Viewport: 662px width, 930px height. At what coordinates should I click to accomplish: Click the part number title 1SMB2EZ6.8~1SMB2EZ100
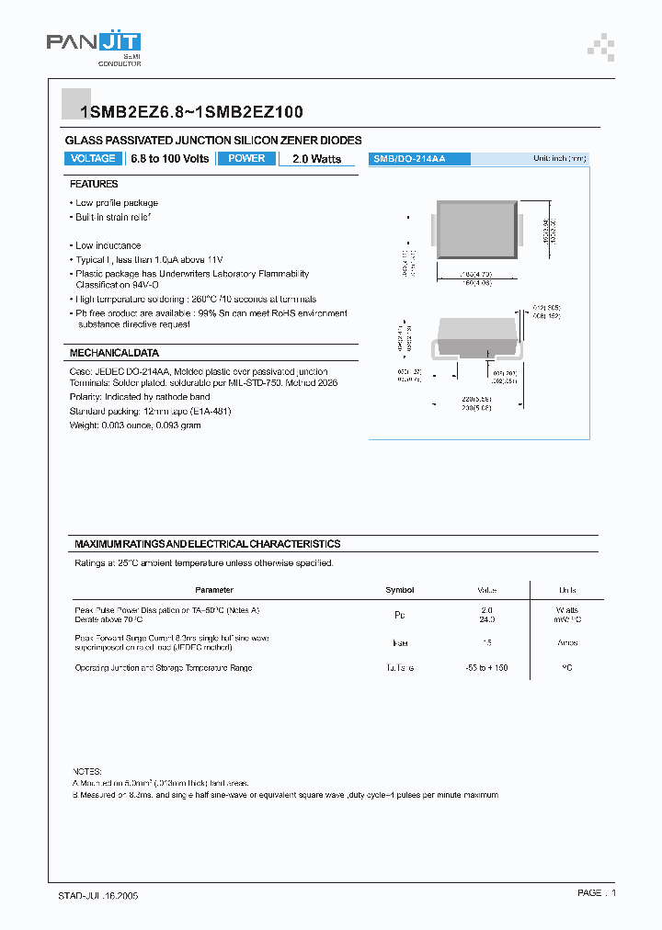pos(192,112)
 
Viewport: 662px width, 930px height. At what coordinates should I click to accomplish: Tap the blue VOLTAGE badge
pos(94,159)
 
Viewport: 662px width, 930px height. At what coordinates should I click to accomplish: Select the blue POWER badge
pos(246,159)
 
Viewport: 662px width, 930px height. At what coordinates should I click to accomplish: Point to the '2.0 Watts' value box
pos(316,159)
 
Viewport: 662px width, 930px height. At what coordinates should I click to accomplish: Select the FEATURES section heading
pos(94,185)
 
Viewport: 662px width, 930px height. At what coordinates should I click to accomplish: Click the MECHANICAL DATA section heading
pos(114,353)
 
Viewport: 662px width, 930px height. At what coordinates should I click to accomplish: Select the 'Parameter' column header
pos(214,590)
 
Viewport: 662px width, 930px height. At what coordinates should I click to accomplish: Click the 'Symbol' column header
pos(399,590)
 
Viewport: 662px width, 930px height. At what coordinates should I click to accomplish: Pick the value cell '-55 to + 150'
pos(487,668)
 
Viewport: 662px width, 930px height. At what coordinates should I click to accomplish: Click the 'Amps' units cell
pos(566,643)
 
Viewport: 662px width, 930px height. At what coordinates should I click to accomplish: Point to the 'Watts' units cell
pos(566,610)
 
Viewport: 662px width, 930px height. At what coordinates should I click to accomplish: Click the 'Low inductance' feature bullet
pos(108,245)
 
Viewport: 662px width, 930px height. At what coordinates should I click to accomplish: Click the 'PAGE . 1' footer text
pos(597,893)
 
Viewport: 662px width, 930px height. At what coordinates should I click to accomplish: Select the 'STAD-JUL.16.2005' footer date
pos(98,894)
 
